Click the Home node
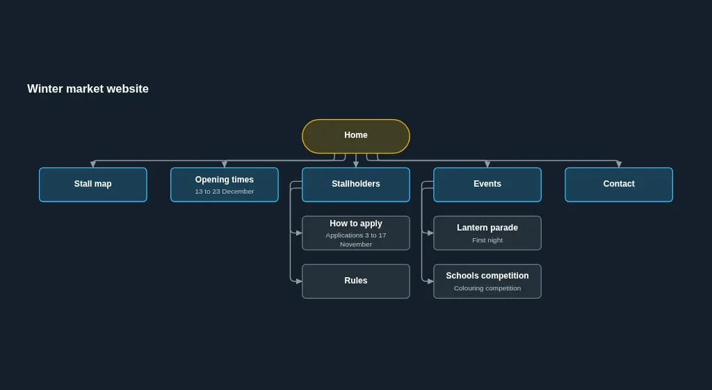pos(356,136)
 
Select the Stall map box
pos(93,185)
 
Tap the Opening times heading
pos(225,180)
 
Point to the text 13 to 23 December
pos(225,192)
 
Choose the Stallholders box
pos(356,185)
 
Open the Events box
pos(487,185)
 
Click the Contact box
pos(619,185)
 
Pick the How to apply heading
pos(356,223)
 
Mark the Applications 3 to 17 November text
pos(356,240)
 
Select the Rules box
pos(356,281)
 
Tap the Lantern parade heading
pos(487,227)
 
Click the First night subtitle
pos(487,240)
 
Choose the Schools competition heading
pos(487,276)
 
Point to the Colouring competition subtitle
pos(487,288)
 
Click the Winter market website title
pos(88,88)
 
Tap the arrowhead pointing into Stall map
pos(93,164)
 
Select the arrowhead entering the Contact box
pos(619,164)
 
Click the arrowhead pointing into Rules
pos(299,281)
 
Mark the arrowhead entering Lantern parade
pos(430,233)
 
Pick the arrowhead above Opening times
pos(225,164)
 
